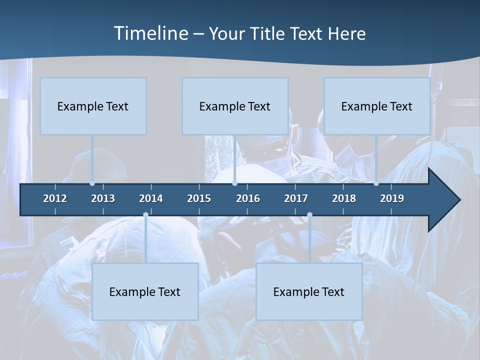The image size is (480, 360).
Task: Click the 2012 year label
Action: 55,198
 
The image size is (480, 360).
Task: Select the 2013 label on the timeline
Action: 103,198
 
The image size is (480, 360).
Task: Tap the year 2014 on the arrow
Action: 151,198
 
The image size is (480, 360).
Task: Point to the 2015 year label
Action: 199,198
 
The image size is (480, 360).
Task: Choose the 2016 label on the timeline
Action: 248,198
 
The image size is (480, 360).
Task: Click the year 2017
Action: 296,198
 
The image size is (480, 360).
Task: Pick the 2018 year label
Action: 344,198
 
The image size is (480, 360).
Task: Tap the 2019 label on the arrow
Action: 392,198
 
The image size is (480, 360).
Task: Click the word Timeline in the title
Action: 149,33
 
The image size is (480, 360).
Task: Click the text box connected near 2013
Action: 93,106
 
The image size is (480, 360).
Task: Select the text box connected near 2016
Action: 235,106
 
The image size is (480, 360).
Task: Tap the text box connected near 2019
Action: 377,106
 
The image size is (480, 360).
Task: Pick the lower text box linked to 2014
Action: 145,291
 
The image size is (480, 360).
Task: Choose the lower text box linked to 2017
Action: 309,291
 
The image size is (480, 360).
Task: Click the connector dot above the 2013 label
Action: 92,183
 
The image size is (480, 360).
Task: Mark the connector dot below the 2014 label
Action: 145,215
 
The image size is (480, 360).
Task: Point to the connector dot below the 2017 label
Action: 309,215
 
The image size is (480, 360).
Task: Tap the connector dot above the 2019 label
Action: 376,183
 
